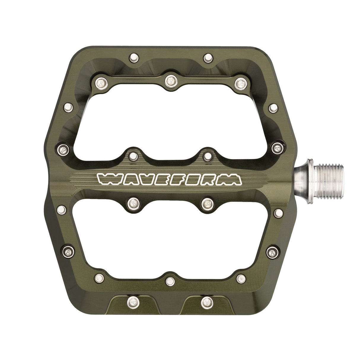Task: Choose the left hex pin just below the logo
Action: pyautogui.click(x=133, y=203)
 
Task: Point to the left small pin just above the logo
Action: pyautogui.click(x=132, y=154)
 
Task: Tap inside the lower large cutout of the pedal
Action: pyautogui.click(x=169, y=240)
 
